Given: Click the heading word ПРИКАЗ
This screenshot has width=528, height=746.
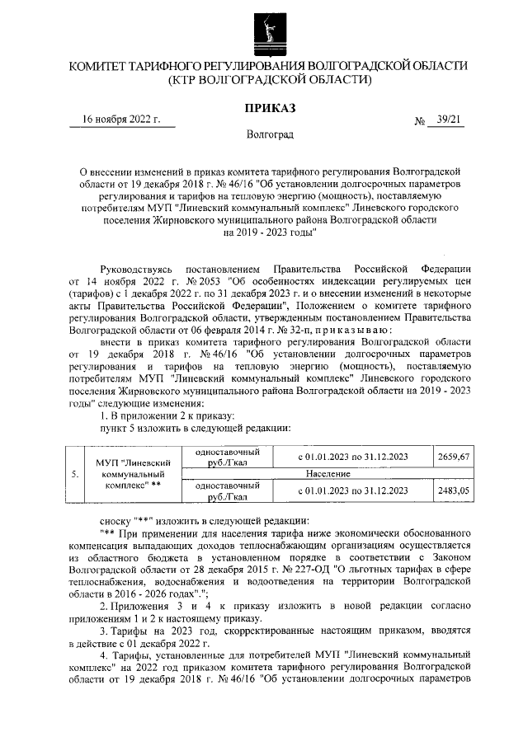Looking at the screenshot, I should click(x=270, y=108).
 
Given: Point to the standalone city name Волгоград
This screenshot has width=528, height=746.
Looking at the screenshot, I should click(x=270, y=134).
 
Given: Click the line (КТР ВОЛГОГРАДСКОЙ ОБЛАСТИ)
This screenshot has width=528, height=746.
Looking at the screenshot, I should click(x=270, y=80).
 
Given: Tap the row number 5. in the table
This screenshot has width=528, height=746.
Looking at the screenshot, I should click(x=75, y=474).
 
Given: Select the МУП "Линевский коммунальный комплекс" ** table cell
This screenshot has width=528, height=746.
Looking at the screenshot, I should click(x=127, y=475).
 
